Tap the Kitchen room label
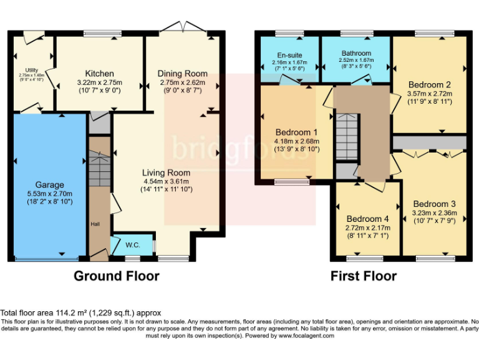pos(99,72)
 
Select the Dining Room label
pos(181,73)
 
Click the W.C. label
pos(132,245)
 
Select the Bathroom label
pos(356,53)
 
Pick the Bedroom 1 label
pos(296,132)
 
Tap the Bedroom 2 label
pos(429,84)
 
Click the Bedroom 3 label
pos(434,204)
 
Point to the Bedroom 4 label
pos(368,219)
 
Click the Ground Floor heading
pos(117,276)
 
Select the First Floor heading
pos(363,276)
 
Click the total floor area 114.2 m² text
pos(81,313)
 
